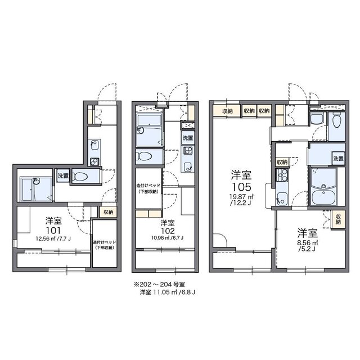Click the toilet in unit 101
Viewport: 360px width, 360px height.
tap(81, 176)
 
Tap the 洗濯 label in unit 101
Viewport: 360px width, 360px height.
tap(63, 176)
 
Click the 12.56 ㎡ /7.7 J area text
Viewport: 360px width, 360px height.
tap(54, 238)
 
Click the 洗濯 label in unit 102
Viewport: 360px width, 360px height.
tap(187, 138)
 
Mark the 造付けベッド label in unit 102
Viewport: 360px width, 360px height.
tap(148, 188)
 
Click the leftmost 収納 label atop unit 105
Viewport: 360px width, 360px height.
tap(227, 111)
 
